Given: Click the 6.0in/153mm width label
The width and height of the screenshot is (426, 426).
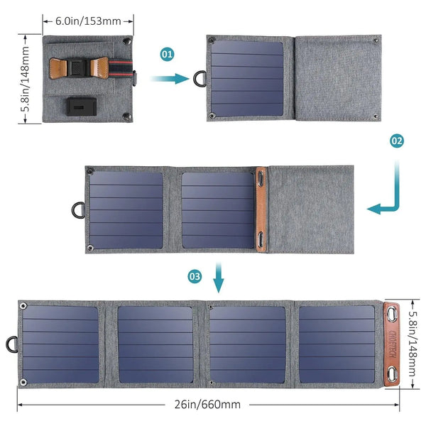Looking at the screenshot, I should pos(87,20).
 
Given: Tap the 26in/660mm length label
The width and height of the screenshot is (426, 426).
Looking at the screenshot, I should pos(207,405).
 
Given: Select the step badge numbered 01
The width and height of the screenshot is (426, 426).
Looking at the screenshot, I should pos(168,53).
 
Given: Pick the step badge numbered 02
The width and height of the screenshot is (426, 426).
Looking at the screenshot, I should pos(397,141).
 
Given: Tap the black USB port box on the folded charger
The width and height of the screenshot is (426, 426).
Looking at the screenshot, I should pos(78,106).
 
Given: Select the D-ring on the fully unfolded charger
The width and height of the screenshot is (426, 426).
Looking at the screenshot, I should pos(10,344).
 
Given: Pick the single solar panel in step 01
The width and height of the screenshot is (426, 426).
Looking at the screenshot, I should pos(248,78).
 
